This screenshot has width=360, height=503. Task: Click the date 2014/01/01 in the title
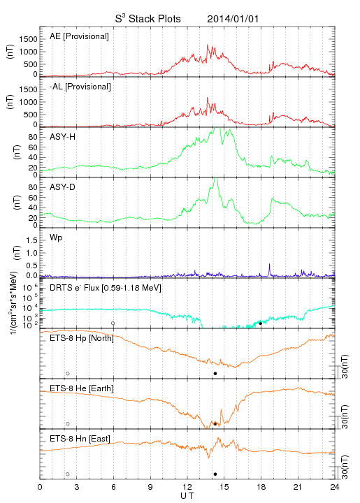tap(233, 19)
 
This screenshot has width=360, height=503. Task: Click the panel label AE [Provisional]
tap(79, 36)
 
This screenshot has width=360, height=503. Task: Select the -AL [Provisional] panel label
tap(80, 87)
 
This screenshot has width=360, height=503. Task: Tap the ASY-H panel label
tap(63, 137)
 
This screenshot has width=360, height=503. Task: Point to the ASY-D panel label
tap(63, 187)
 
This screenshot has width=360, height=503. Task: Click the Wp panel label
tap(56, 238)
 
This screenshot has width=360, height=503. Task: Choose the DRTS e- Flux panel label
tap(106, 288)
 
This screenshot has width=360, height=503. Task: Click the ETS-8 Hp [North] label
tap(82, 338)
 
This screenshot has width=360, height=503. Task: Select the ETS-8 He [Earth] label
tap(82, 388)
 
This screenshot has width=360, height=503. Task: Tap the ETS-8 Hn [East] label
tap(80, 439)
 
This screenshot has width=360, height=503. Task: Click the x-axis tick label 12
tap(187, 487)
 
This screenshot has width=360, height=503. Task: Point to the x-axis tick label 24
tap(335, 487)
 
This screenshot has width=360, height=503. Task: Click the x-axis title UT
tap(187, 496)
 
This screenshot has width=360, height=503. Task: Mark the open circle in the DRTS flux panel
tap(113, 323)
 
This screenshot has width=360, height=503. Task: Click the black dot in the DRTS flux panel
tap(261, 323)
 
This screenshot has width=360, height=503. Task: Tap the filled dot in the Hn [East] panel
tap(215, 474)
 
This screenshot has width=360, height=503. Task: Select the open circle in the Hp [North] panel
tap(68, 373)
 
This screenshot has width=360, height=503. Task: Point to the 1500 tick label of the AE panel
tap(29, 39)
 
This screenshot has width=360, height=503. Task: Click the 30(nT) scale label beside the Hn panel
tap(345, 467)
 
